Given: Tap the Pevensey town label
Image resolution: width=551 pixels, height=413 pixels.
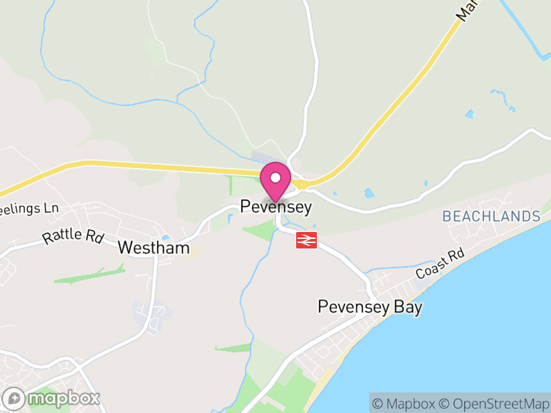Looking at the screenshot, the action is point(275,206).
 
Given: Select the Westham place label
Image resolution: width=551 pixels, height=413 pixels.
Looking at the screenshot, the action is point(154,248).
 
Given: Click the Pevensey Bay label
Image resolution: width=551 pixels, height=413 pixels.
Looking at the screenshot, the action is point(369,307).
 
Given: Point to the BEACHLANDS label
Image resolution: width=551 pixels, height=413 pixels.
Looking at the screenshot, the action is point(491,217).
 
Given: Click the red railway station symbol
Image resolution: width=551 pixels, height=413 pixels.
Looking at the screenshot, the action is point(306,240).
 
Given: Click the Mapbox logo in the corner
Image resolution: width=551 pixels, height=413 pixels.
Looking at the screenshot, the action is point(52,398).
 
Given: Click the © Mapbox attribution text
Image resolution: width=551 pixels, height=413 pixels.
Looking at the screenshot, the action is point(404,403).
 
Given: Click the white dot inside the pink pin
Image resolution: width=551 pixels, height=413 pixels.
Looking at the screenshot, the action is point(275,178).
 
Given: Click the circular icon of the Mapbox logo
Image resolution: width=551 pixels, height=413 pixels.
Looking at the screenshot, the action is point(14,398).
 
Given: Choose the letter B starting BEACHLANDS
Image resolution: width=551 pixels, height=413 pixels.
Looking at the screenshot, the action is point(447,217).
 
